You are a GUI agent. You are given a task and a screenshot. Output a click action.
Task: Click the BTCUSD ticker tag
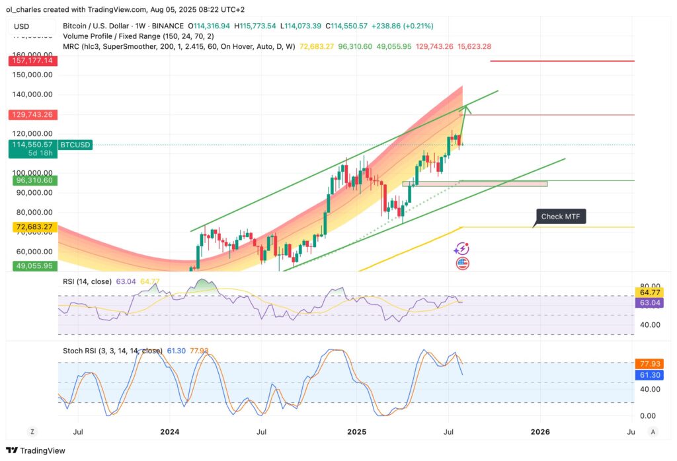point(75,145)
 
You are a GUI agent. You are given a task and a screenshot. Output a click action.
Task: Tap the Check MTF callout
point(560,217)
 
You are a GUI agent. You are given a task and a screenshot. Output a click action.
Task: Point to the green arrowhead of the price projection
point(467,108)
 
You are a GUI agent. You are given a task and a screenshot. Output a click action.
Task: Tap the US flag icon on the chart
point(463,264)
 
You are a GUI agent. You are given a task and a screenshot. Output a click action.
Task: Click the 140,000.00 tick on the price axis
point(33,94)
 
